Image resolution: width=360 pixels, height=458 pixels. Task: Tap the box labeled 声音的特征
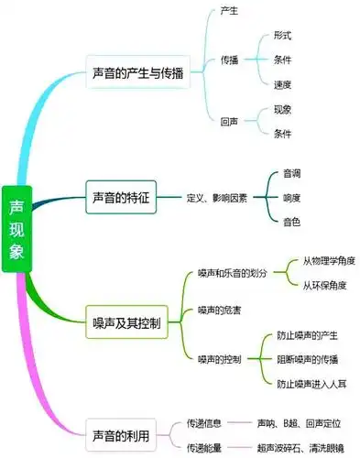(123, 197)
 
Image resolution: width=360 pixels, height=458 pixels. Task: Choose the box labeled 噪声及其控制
(126, 323)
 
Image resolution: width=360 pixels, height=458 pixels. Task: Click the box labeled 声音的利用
(123, 431)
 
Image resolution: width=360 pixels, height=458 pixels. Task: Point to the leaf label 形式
(282, 35)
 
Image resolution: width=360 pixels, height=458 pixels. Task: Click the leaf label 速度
(282, 84)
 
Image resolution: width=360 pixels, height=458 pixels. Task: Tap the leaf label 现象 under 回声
(282, 109)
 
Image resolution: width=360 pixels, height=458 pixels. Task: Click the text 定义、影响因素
(216, 197)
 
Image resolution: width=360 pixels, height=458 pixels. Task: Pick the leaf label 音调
(292, 173)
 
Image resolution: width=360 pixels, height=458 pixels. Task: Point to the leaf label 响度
(292, 197)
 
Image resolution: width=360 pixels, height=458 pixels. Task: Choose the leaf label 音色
(292, 222)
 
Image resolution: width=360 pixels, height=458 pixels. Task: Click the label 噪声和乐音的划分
(234, 273)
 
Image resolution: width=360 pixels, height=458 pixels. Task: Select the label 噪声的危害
(220, 311)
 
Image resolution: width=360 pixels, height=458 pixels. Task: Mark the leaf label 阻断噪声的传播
(308, 359)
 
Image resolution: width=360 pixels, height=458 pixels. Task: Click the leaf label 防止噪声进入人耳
(312, 383)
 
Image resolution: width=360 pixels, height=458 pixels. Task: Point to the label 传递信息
(205, 423)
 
